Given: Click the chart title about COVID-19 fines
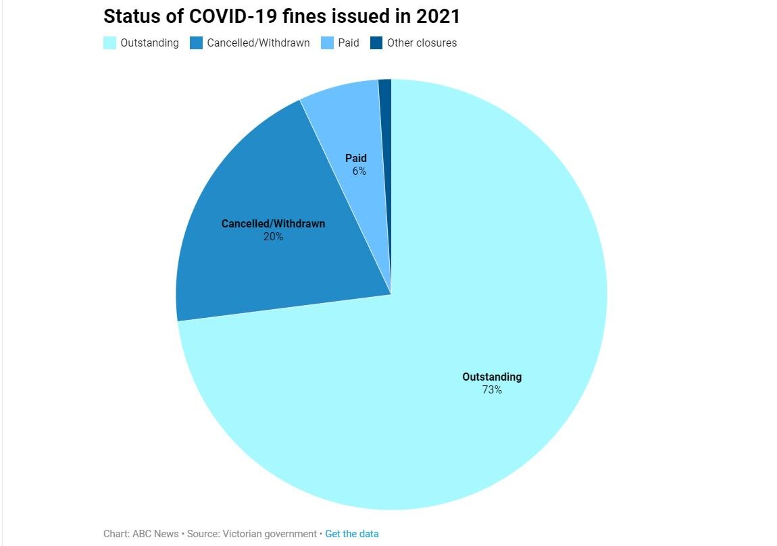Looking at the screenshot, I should [281, 16].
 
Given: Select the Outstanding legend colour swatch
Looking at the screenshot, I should [109, 43].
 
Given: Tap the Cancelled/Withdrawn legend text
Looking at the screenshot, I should [258, 43].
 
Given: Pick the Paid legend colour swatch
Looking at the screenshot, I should [327, 43].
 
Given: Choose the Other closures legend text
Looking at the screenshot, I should [422, 43].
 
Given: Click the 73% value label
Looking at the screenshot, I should [492, 390].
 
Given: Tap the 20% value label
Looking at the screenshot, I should [273, 237].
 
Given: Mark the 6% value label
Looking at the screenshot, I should [359, 171].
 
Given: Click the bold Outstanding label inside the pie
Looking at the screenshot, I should [492, 377].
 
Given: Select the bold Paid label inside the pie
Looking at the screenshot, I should [356, 159].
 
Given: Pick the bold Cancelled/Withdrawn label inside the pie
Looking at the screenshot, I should [273, 224].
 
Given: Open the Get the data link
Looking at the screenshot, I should [352, 534].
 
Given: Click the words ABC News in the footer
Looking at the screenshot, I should [156, 534].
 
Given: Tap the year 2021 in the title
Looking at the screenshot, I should [438, 16].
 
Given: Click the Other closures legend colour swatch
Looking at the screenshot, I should [376, 43].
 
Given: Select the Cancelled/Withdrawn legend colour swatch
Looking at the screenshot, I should [196, 43].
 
